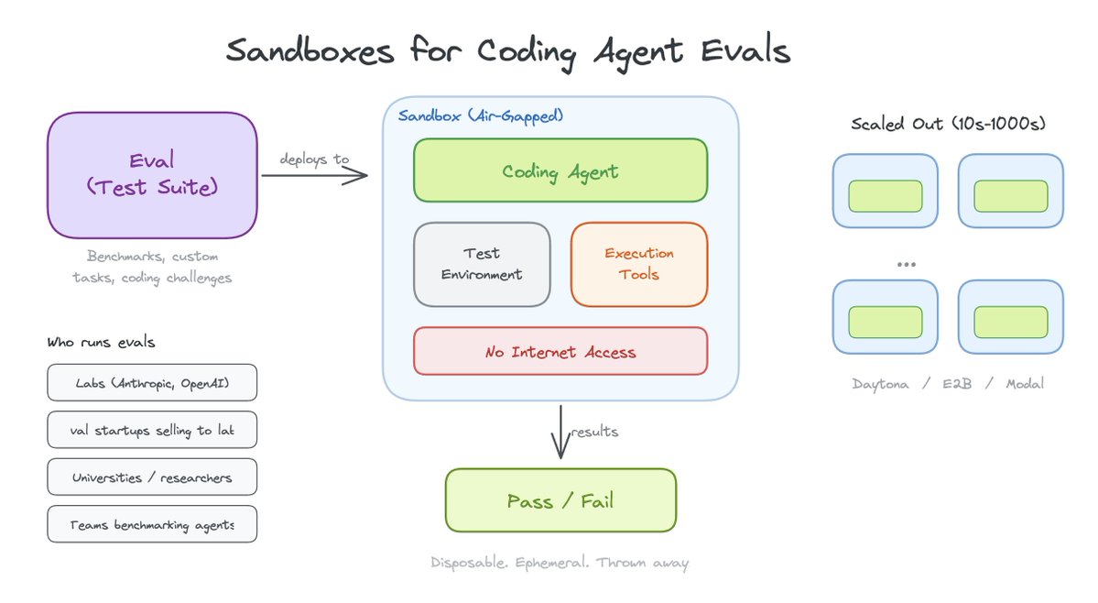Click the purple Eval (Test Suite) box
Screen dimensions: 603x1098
152,174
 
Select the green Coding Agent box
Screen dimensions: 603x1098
560,170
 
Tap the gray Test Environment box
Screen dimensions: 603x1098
482,264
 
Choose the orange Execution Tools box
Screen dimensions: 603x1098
639,264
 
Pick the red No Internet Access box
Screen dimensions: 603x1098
560,351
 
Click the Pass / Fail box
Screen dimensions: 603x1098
560,500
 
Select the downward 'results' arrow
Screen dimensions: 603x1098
560,433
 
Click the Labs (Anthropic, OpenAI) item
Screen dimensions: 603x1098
152,382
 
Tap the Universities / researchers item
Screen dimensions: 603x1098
152,477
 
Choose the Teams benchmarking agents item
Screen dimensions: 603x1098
152,525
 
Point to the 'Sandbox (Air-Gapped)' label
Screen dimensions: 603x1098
481,116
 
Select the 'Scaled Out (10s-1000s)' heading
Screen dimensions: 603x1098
948,124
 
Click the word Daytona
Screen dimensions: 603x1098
880,384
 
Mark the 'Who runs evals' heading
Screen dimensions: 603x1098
101,342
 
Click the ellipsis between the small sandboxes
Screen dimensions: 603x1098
907,264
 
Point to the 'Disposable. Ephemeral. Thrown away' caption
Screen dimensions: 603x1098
560,562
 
